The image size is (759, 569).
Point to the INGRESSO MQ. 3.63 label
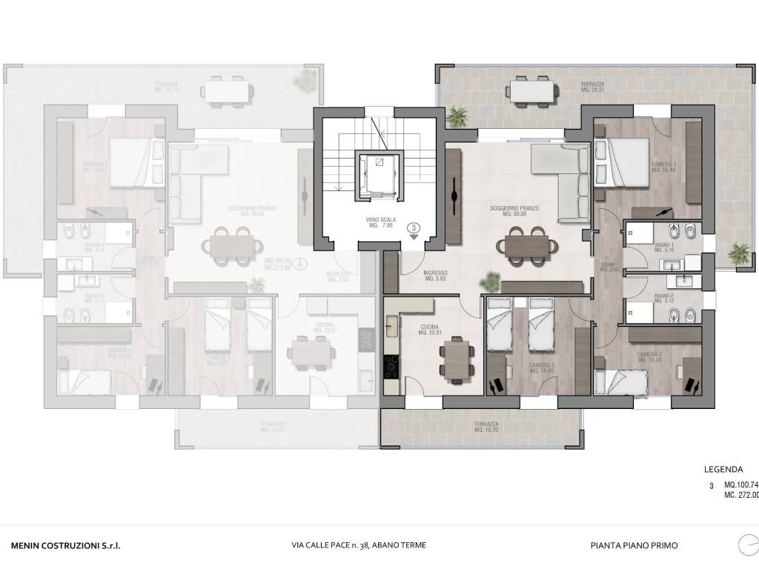click(435, 276)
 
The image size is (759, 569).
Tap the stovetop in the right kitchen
click(391, 365)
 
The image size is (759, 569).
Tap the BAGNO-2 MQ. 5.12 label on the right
click(664, 299)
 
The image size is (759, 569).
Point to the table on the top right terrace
click(533, 91)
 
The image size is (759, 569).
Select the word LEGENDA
click(723, 469)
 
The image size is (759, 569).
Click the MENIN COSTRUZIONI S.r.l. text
click(66, 545)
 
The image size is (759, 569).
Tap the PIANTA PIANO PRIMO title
click(634, 545)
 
